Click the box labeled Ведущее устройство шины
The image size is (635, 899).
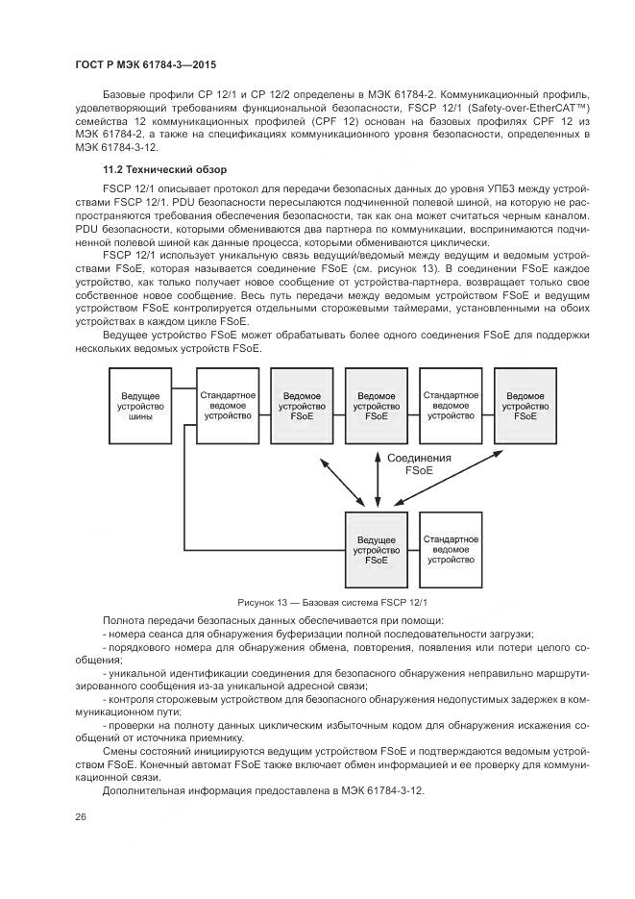tap(140, 406)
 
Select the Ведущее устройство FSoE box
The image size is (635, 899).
tap(378, 549)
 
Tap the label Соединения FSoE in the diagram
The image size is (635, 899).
tap(420, 465)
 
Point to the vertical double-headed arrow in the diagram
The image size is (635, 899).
tap(378, 477)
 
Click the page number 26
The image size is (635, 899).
tap(81, 816)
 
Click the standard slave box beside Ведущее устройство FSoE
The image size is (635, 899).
tap(452, 549)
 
